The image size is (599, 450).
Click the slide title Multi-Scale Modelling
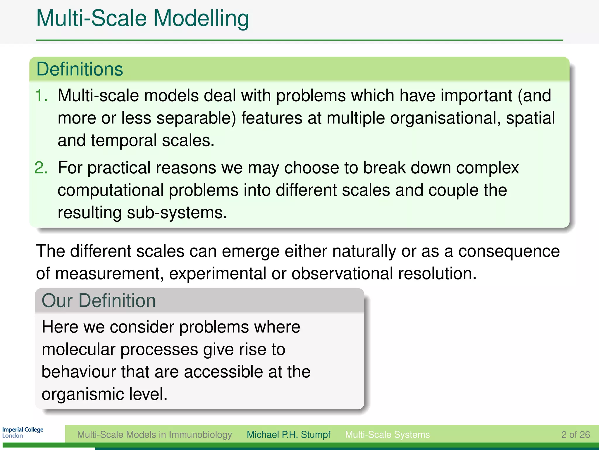142,19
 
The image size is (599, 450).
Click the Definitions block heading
80,69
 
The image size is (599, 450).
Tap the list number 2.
41,168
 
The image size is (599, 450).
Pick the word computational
111,190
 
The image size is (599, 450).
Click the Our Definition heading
99,301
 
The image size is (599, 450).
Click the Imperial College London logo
23,432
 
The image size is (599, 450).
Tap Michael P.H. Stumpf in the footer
288,434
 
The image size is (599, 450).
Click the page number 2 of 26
575,434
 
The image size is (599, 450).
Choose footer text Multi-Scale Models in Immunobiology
154,434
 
